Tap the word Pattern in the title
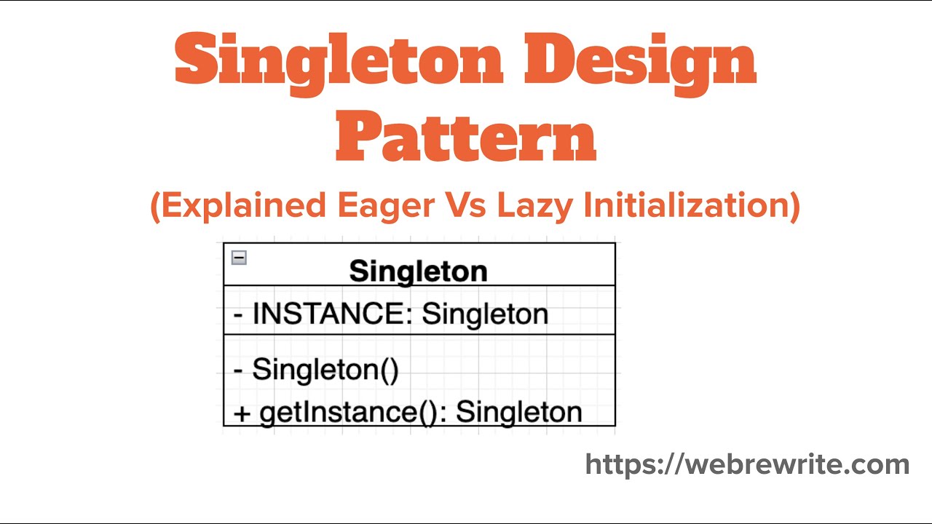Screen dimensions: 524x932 click(466, 136)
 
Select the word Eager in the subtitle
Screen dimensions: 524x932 click(386, 206)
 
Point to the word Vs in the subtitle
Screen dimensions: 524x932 click(467, 206)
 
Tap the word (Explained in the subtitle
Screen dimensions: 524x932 click(239, 206)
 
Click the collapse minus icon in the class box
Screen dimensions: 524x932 click(239, 258)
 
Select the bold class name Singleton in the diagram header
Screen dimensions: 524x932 click(418, 271)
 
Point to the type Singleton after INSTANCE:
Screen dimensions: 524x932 click(485, 314)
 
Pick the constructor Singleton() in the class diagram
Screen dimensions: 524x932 click(325, 370)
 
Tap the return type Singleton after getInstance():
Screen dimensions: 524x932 click(518, 412)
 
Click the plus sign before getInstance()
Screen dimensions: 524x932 click(242, 413)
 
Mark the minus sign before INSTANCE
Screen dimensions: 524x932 click(238, 314)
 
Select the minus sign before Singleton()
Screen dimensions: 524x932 click(238, 370)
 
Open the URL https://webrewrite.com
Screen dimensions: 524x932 click(747, 464)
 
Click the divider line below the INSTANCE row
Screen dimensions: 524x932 click(419, 334)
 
